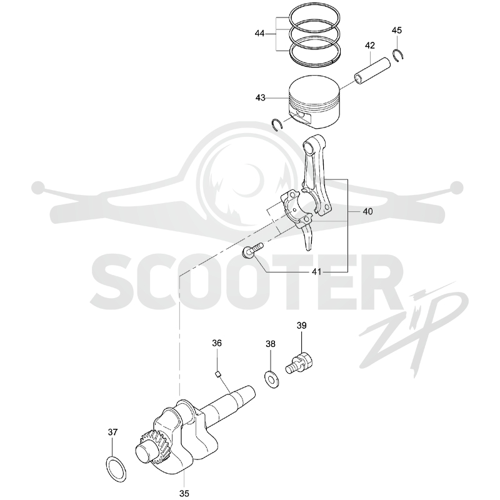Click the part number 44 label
tap(259, 33)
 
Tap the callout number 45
tap(397, 30)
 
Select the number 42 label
tap(370, 46)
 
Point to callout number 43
tap(260, 97)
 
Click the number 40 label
tap(367, 211)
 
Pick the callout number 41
tap(316, 272)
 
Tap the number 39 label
tap(301, 326)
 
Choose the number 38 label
tap(271, 344)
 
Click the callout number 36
tap(217, 343)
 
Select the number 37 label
tap(112, 432)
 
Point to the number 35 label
tap(184, 493)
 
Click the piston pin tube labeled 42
tap(372, 71)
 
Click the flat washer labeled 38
tap(271, 379)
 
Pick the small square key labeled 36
tap(218, 374)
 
